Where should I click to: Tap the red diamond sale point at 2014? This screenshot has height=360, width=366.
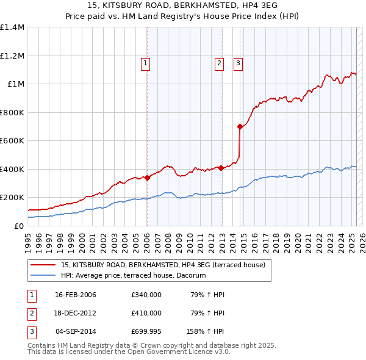click(x=240, y=127)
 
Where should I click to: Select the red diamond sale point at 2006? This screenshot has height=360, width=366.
click(x=147, y=178)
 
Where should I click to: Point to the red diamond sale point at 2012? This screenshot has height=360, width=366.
click(x=221, y=168)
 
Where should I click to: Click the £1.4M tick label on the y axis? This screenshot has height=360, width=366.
click(x=12, y=27)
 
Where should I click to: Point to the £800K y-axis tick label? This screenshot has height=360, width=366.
click(x=12, y=112)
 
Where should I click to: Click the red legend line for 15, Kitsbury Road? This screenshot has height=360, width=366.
click(x=43, y=265)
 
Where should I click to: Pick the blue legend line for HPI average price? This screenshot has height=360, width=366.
click(x=43, y=276)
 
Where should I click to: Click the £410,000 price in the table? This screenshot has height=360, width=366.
click(x=146, y=313)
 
